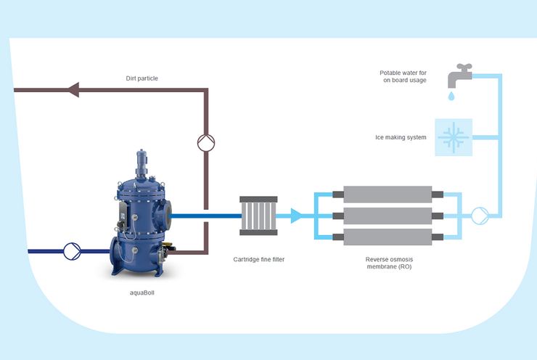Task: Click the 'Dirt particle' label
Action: pos(142,78)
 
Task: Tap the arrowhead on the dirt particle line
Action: pos(73,90)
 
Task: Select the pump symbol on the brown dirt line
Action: pos(206,143)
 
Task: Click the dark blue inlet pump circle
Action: pos(73,251)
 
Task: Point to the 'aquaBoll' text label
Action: pos(142,293)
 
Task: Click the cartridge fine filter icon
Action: pos(258,216)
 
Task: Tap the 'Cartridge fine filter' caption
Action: pos(259,259)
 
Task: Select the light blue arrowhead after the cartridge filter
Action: pos(296,216)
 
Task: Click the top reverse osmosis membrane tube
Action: pos(388,195)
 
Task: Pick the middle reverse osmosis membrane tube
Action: pos(388,216)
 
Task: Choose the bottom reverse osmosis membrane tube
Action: pos(388,237)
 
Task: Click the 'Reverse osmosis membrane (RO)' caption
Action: pos(389,263)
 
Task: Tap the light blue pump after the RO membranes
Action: pos(480,216)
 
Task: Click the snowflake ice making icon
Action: pos(454,137)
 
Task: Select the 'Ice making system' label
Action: pos(401,137)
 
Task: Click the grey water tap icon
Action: pos(459,75)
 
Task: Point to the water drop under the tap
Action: pos(451,96)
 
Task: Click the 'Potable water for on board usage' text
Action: pos(403,76)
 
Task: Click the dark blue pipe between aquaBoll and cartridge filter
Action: pos(205,216)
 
